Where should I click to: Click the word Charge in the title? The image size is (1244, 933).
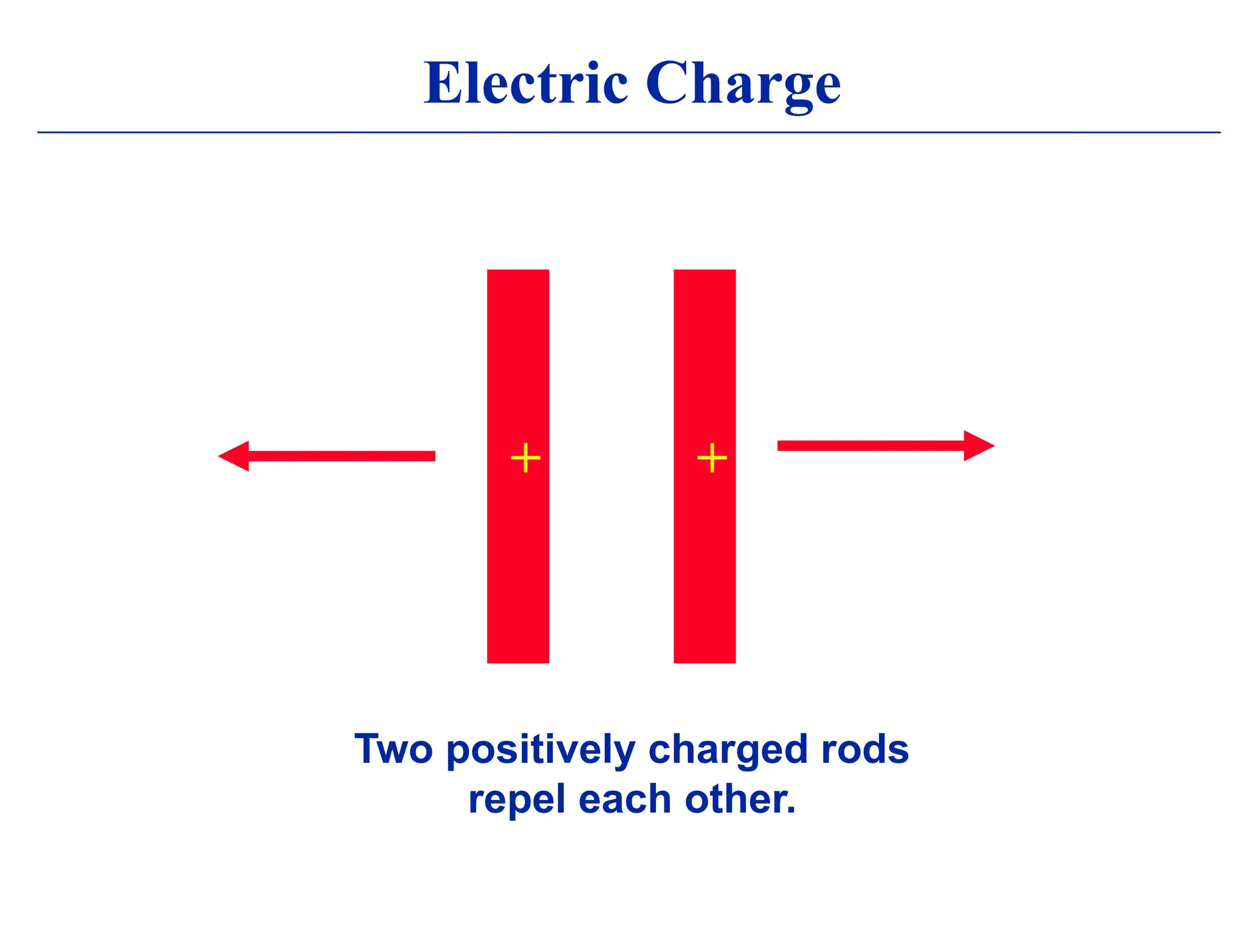click(x=742, y=84)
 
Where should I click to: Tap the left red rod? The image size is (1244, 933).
click(x=518, y=547)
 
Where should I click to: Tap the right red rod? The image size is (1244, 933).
click(x=705, y=547)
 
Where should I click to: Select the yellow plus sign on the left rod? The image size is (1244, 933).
click(x=525, y=458)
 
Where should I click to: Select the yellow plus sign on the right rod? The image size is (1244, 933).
click(x=712, y=458)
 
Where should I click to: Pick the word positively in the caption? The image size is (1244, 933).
click(x=541, y=751)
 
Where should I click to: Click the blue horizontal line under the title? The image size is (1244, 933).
click(x=629, y=132)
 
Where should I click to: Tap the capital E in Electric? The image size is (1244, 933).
click(x=443, y=83)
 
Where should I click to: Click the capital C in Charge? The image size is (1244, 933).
click(x=665, y=83)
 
